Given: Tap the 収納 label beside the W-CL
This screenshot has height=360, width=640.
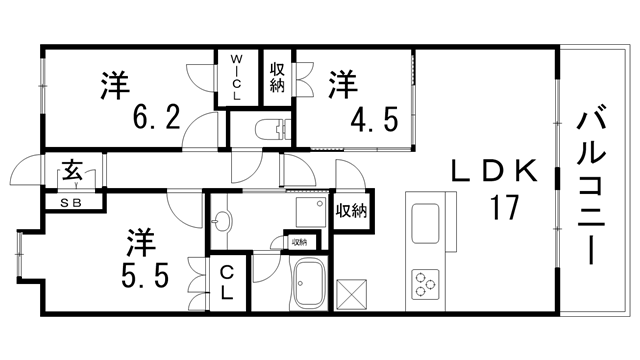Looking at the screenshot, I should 277,77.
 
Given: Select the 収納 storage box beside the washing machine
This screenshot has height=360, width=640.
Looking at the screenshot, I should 350,211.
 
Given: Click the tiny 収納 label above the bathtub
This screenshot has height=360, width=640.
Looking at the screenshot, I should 299,242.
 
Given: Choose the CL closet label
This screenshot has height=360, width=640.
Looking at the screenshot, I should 227,282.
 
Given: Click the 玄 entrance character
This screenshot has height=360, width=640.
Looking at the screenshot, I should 73,170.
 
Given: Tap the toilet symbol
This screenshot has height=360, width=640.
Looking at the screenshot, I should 268,128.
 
